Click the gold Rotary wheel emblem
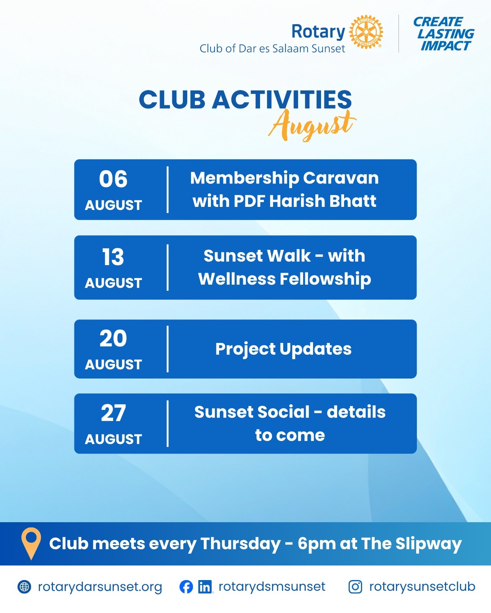[x=366, y=32]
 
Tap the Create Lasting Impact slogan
[x=444, y=34]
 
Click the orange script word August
[x=312, y=125]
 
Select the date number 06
[x=113, y=179]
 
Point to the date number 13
[x=113, y=257]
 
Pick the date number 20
[x=113, y=338]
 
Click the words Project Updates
[x=283, y=349]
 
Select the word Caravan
[x=341, y=178]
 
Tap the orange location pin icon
[x=31, y=543]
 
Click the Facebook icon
[x=186, y=587]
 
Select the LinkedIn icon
[x=205, y=587]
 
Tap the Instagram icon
[x=355, y=587]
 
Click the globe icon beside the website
[x=24, y=587]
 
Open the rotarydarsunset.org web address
[x=100, y=587]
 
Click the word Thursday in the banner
[x=241, y=544]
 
